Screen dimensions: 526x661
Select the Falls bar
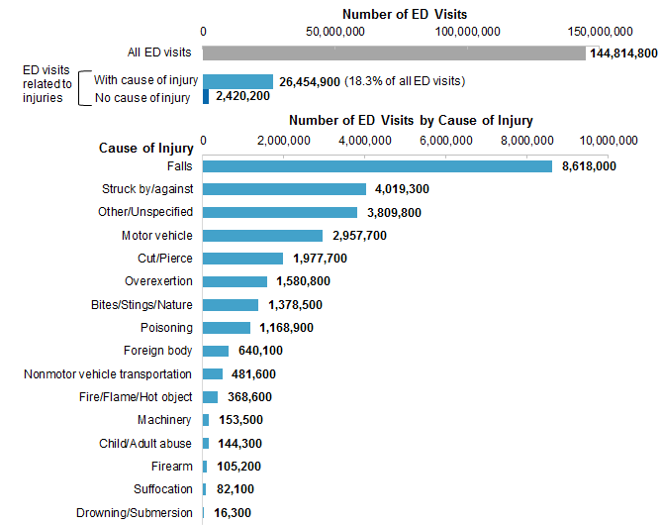[x=377, y=166]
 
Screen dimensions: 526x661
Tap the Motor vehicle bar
[x=263, y=236]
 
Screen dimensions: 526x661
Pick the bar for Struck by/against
[x=285, y=189]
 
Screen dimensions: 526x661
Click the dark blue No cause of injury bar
[x=206, y=97]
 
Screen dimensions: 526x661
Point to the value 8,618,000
[x=589, y=166]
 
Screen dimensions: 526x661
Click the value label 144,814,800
[x=623, y=53]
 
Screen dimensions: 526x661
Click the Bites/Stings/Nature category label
[x=142, y=305]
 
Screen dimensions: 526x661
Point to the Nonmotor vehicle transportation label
[x=108, y=374]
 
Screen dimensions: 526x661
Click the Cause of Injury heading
[x=145, y=149]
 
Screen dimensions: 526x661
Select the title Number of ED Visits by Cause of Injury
[x=411, y=121]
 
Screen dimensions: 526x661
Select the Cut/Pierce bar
[x=243, y=259]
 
